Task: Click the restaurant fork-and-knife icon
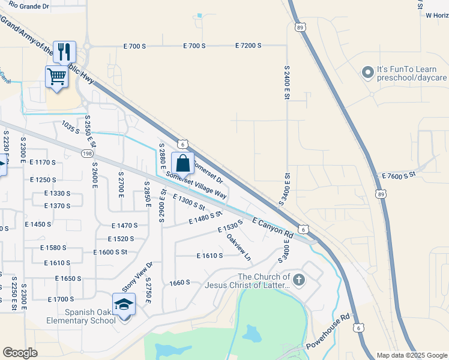(x=63, y=51)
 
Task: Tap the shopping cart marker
(x=56, y=76)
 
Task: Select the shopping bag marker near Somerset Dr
(x=182, y=163)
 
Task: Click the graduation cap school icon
(x=124, y=304)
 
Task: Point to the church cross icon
(x=299, y=280)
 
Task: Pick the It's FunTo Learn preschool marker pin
(x=367, y=73)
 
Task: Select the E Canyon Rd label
(x=273, y=227)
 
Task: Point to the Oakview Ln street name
(x=238, y=247)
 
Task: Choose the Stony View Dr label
(x=138, y=277)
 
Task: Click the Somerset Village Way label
(x=196, y=186)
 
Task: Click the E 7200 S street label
(x=249, y=46)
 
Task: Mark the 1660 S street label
(x=179, y=282)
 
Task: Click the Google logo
(x=20, y=353)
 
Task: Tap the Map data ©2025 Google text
(x=411, y=355)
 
